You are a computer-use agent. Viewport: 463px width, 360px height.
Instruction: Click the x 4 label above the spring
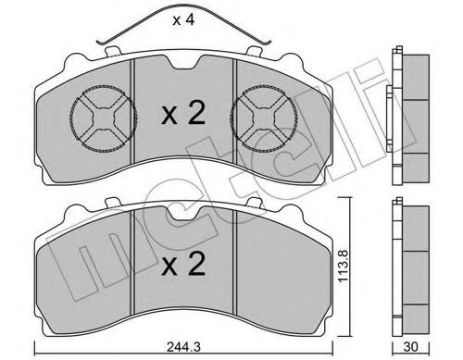click(x=183, y=20)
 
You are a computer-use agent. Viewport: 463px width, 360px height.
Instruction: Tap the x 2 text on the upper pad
click(x=183, y=114)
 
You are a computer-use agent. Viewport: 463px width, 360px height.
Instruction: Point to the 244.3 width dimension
click(x=183, y=347)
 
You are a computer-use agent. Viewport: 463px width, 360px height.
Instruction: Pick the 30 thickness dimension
click(x=410, y=347)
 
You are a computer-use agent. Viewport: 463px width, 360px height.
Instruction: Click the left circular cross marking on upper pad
click(x=104, y=118)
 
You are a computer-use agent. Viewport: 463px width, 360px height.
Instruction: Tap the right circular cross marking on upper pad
click(x=264, y=118)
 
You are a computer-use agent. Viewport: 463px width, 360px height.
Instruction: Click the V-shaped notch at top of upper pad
click(x=183, y=62)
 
